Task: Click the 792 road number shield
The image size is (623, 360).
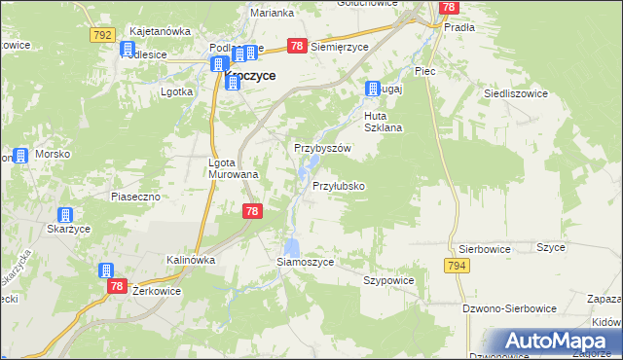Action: [101, 35]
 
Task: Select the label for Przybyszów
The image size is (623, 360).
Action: [322, 148]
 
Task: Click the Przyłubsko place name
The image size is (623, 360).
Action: [338, 186]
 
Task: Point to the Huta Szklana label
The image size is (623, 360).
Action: [383, 122]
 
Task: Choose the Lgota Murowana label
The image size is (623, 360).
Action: [234, 168]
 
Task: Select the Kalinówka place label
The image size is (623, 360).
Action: [190, 260]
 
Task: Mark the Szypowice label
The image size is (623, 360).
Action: [388, 280]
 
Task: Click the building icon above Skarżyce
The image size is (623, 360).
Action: [64, 216]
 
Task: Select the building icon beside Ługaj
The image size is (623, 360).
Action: [372, 90]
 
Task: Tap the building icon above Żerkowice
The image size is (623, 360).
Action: [106, 270]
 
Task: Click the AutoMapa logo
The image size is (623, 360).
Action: [561, 342]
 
